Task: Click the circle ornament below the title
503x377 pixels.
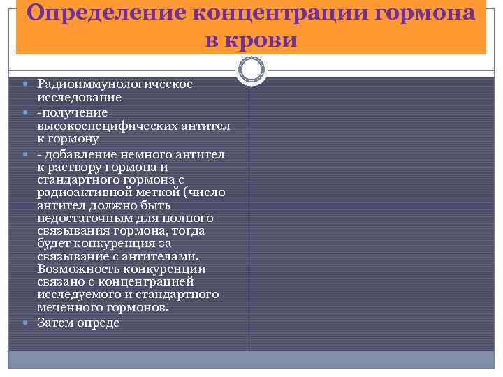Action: tap(251, 70)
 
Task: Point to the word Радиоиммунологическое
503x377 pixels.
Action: tap(115, 84)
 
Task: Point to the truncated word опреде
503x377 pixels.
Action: tap(100, 323)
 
